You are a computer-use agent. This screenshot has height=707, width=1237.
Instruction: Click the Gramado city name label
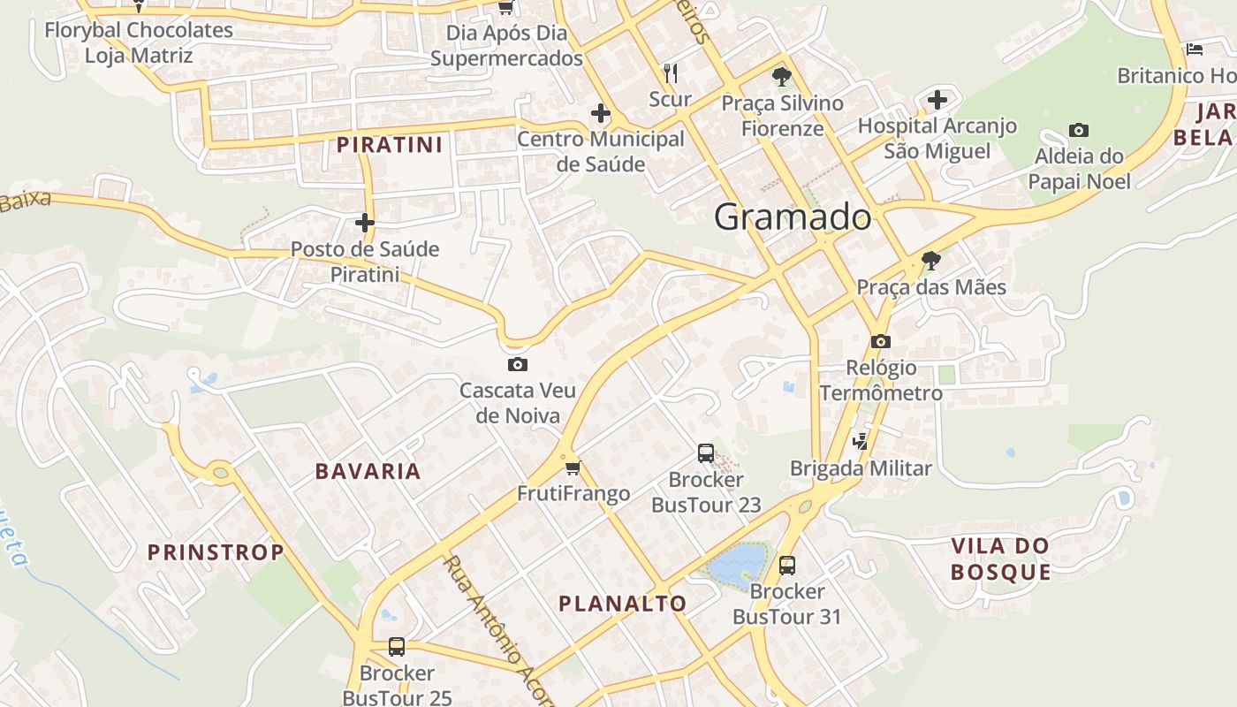coord(793,217)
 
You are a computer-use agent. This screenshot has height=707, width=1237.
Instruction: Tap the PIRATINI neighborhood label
coord(389,144)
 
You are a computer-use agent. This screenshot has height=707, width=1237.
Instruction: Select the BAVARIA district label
coord(368,471)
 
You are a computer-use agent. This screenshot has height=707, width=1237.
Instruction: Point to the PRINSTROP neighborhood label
coord(216,553)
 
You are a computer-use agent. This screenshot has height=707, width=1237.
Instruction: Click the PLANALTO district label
coord(622,604)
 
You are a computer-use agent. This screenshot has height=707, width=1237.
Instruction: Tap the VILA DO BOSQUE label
coord(1001,559)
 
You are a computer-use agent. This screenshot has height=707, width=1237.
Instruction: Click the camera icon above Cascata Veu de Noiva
coord(518,364)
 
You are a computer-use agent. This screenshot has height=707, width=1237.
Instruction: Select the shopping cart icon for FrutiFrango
coord(573,467)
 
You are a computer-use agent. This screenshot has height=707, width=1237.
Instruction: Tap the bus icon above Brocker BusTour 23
coord(705,453)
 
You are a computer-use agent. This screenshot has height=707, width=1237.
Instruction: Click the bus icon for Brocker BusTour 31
coord(786,565)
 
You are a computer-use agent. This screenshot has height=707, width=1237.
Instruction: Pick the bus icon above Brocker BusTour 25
coord(397,647)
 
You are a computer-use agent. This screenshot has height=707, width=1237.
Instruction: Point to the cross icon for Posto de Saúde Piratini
coord(365,223)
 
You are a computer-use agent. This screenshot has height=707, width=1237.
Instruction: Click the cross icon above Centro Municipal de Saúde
coord(601,113)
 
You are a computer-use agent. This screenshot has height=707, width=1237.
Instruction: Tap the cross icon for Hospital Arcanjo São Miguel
coord(937,100)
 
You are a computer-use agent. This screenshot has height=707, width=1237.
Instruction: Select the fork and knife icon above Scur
coord(671,72)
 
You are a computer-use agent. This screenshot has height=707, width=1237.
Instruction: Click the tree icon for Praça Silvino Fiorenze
coord(781,77)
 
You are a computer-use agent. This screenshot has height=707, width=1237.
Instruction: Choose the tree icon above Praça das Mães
coord(930,261)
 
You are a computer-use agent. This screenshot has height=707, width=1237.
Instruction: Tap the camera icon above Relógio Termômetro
coord(880,341)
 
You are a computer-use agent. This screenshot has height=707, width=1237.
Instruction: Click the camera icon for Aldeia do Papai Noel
coord(1078,131)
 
